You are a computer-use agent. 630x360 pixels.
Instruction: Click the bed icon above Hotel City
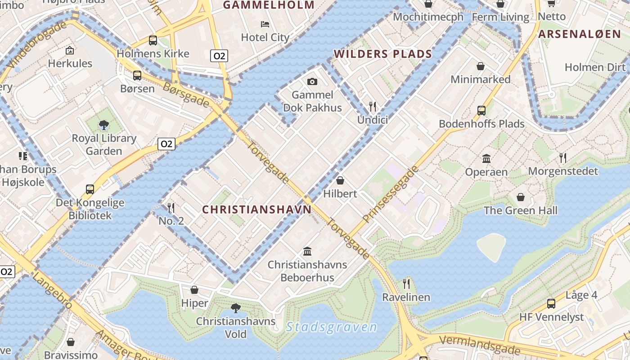point(265,24)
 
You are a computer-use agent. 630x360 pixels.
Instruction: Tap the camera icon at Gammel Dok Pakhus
point(312,81)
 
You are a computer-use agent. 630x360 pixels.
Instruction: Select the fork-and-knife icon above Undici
point(373,107)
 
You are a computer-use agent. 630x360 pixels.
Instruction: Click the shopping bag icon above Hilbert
point(340,180)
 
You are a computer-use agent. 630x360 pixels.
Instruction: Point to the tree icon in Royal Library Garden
point(104,125)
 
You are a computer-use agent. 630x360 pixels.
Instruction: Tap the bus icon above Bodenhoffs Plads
point(481,110)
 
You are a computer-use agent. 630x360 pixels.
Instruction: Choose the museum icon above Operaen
point(486,158)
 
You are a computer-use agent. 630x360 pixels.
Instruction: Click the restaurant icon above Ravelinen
point(406,283)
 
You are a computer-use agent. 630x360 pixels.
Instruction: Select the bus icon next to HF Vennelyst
point(551,303)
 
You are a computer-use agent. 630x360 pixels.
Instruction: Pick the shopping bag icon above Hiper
point(194,290)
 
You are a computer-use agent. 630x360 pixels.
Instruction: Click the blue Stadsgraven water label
point(331,327)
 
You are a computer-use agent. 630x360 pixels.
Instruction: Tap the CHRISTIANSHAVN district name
point(256,210)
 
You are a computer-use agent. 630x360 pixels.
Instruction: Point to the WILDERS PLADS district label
point(382,54)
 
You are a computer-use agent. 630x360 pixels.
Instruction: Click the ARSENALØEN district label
point(579,34)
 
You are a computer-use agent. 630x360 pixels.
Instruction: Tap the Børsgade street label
point(186,94)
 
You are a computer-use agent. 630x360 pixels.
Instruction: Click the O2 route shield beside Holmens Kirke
point(219,56)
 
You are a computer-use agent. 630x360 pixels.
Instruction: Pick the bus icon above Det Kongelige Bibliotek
point(90,189)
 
